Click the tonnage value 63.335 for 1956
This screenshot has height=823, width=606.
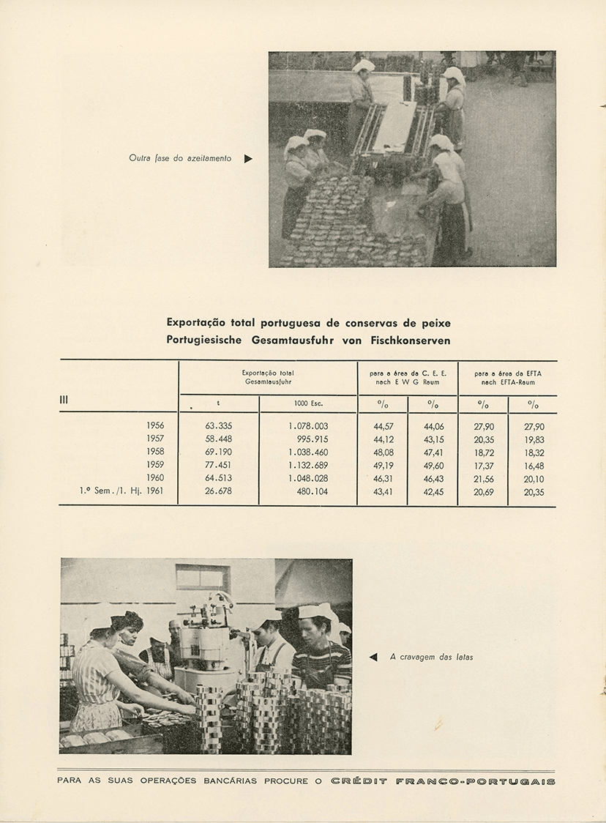pos(218,425)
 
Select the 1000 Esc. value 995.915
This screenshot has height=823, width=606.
pos(310,439)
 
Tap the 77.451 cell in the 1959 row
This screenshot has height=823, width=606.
pos(218,465)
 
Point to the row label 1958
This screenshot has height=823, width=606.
pos(155,452)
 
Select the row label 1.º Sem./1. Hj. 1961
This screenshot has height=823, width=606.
pos(121,491)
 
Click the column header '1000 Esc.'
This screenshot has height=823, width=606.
pos(308,403)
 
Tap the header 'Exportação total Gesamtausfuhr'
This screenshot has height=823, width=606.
pos(268,377)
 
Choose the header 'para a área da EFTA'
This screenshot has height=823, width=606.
pos(508,373)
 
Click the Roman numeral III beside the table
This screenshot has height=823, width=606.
pos(64,400)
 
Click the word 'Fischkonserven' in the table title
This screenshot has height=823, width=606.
pos(411,340)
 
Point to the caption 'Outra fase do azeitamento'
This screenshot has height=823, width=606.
pos(180,158)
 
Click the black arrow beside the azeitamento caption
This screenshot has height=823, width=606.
pos(248,158)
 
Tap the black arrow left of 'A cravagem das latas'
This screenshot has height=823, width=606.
pos(373,657)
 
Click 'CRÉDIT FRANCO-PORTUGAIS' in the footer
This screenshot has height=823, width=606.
pos(443,781)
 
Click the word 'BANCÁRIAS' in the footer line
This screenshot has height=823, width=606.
pos(231,781)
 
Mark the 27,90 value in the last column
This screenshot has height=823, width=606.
pos(534,425)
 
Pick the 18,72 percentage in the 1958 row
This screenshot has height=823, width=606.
pos(484,452)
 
